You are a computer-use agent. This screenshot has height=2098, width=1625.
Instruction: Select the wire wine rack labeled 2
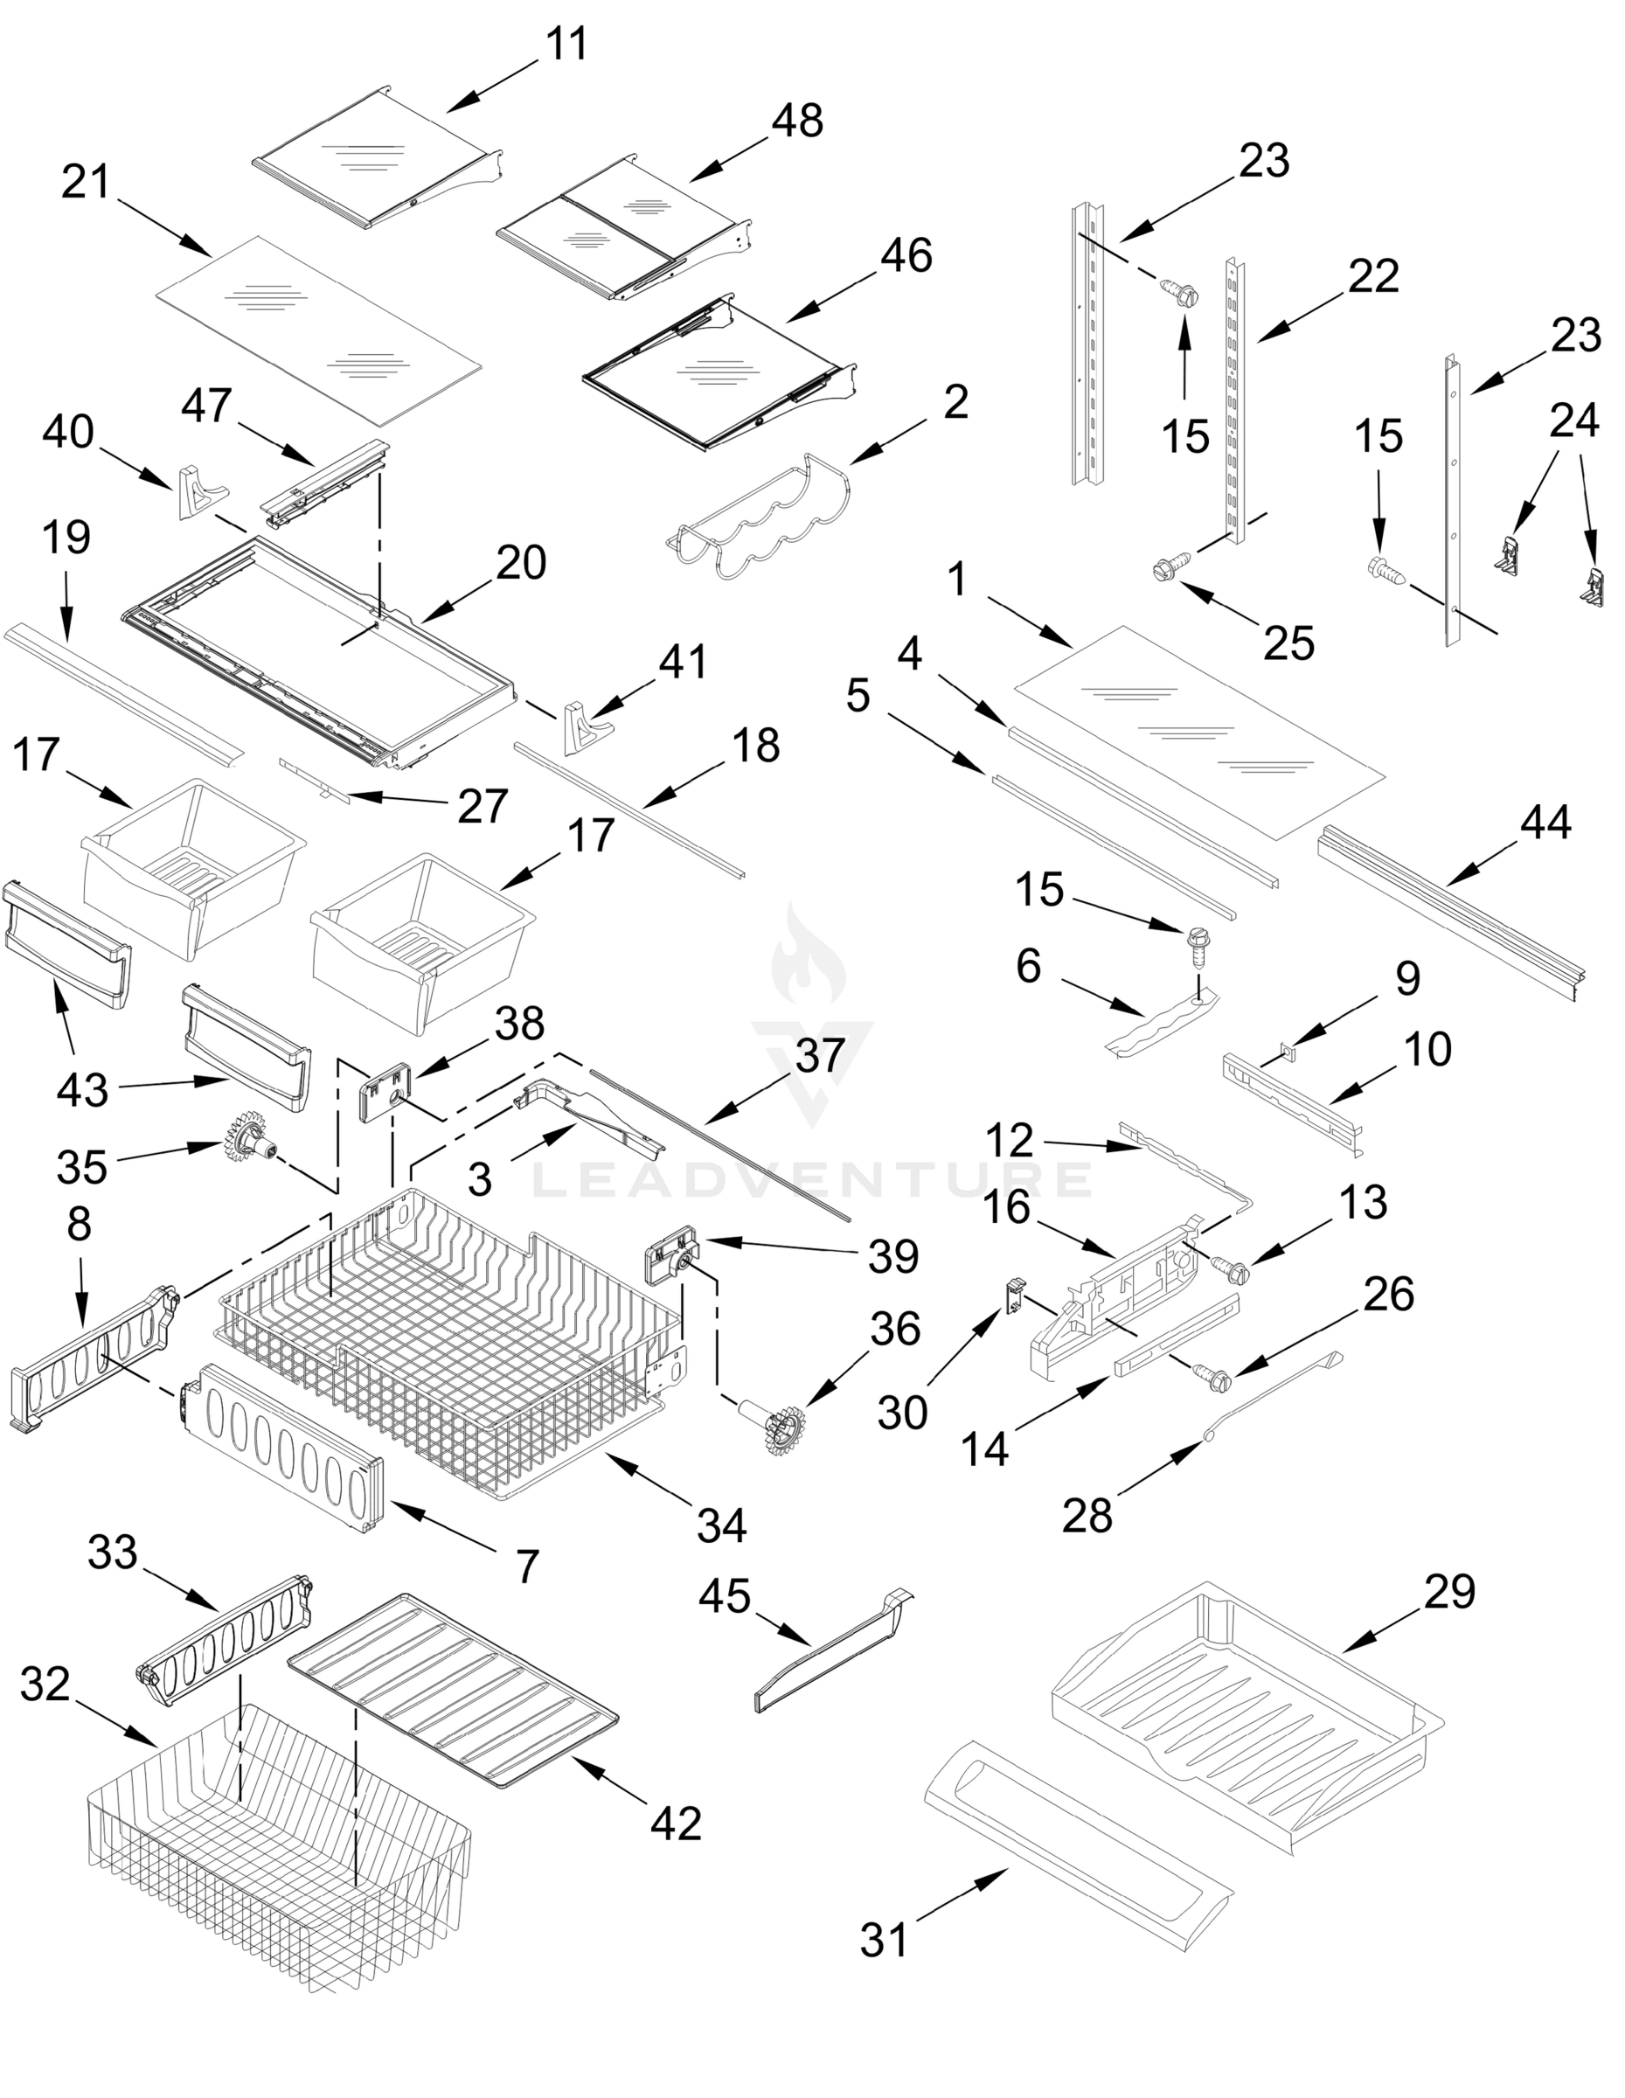click(x=759, y=524)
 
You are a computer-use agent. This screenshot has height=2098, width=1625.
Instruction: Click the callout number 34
click(x=720, y=1525)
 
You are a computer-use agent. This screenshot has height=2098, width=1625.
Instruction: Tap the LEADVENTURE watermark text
click(x=811, y=1179)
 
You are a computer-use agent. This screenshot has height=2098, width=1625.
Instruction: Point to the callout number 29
click(x=1448, y=1592)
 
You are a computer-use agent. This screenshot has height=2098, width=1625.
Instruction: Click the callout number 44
click(x=1545, y=823)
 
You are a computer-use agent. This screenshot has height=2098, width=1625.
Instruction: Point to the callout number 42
click(x=675, y=1823)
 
